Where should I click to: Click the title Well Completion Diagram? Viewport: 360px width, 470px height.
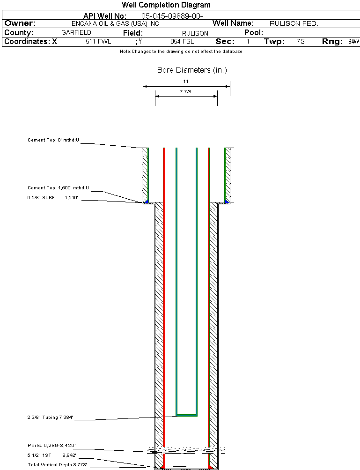pos(166,5)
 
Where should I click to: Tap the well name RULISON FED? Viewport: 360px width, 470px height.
pos(294,23)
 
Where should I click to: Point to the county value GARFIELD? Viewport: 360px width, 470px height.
pos(76,33)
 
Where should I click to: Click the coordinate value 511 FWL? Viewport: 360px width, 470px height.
pos(98,42)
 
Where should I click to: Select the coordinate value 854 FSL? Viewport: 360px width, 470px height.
pos(182,42)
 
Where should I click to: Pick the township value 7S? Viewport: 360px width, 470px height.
pos(301,42)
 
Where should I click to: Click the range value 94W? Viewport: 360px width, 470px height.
pos(353,42)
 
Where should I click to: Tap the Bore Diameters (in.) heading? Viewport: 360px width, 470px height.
pos(192,70)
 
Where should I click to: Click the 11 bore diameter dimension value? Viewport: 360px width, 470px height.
pos(186,82)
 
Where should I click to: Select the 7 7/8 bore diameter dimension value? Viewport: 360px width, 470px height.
pos(185,92)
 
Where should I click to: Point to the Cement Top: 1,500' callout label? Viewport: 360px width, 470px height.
pos(58,188)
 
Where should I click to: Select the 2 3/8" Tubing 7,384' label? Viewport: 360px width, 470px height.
pos(50,417)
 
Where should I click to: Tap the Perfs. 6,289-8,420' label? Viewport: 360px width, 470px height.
pos(51,445)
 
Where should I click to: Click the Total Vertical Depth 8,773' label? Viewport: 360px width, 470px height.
pos(57,465)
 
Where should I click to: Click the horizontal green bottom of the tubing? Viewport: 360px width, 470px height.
pos(186,415)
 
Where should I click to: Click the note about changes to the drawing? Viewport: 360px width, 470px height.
pos(181,52)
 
